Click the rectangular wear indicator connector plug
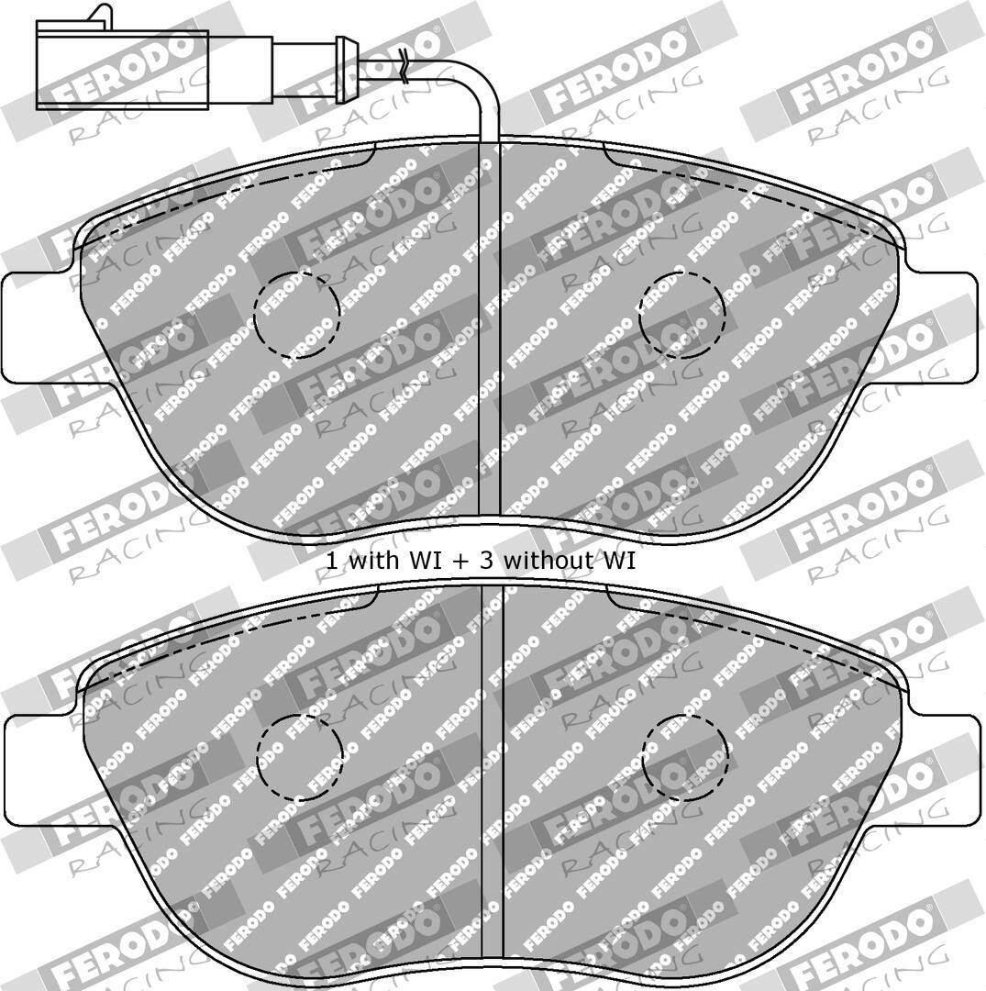click(x=122, y=66)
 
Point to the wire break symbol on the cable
click(x=404, y=67)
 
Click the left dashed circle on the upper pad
click(x=297, y=316)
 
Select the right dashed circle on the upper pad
click(x=682, y=316)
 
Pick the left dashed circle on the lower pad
click(x=300, y=758)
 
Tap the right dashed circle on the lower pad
click(x=685, y=758)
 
